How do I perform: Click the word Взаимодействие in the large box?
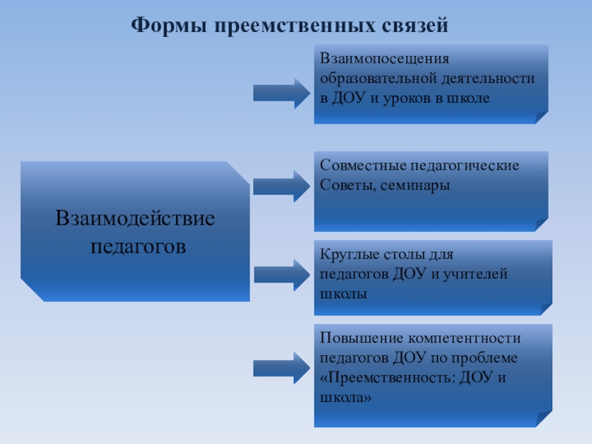click(x=135, y=219)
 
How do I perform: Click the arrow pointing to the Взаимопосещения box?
click(x=282, y=92)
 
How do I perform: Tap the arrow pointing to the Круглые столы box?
click(x=282, y=275)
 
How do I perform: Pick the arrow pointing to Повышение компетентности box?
click(x=282, y=368)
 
